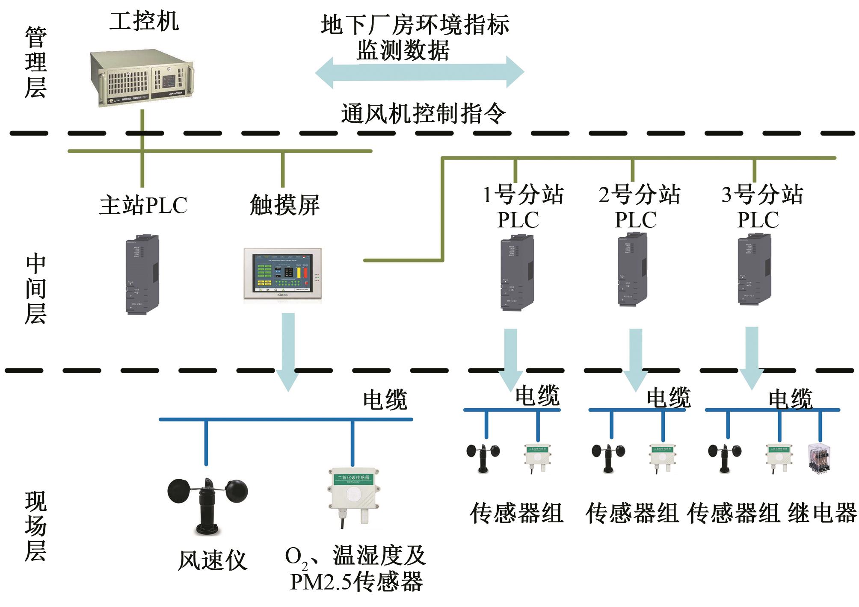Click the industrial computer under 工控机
(142, 78)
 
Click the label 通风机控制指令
(423, 114)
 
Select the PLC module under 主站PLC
(142, 274)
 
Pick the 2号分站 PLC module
(632, 269)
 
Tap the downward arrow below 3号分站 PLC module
(752, 357)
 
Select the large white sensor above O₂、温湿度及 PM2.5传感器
(353, 496)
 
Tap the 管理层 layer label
(36, 62)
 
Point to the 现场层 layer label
(36, 526)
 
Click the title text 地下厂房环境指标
(415, 25)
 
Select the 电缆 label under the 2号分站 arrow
(668, 397)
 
